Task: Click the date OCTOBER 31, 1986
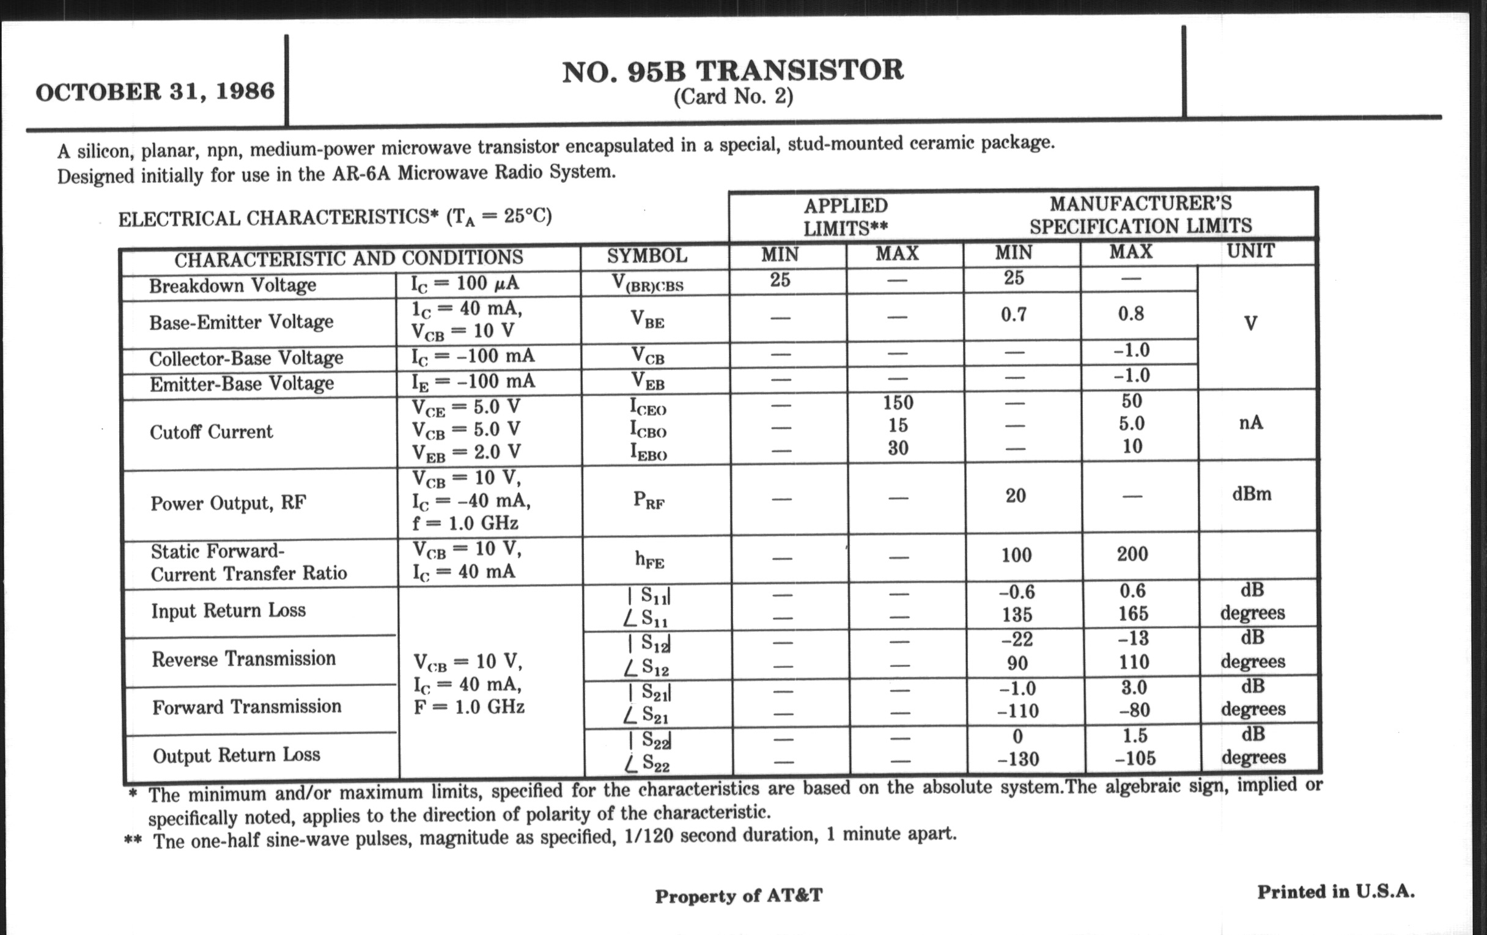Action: (155, 91)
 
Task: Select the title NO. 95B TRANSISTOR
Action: (732, 70)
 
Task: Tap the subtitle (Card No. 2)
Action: (732, 97)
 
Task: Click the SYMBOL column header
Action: (646, 255)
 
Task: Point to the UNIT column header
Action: (1250, 251)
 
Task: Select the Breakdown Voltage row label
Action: (232, 285)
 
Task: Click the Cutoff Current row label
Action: (210, 431)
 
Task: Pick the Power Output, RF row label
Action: (228, 503)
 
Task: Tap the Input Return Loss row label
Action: (229, 610)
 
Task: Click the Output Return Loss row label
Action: (237, 755)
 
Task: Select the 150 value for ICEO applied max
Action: (897, 402)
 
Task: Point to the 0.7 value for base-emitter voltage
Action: (1013, 315)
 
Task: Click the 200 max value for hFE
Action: (1132, 554)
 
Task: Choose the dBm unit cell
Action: (1251, 494)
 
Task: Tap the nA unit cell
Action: (1250, 423)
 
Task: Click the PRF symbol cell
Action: (648, 500)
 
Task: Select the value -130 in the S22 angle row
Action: (1018, 758)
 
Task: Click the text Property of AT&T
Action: (739, 895)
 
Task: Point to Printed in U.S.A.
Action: (1336, 891)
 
